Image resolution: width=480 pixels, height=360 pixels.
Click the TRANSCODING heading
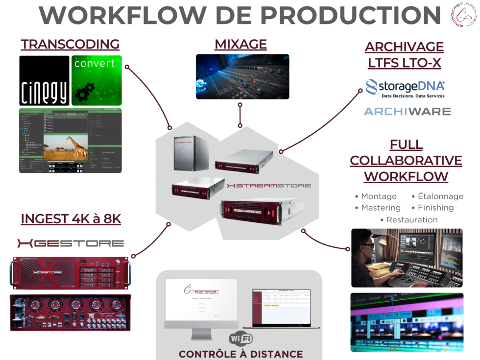click(x=70, y=44)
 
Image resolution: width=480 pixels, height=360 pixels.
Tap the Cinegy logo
click(x=44, y=80)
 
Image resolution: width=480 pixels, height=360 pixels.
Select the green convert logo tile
click(x=96, y=80)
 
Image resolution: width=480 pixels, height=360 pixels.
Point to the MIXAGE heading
click(x=240, y=44)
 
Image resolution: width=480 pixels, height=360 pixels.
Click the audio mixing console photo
click(x=242, y=76)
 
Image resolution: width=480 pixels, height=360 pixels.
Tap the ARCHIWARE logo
click(x=407, y=112)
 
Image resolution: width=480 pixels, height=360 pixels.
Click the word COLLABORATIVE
click(x=406, y=160)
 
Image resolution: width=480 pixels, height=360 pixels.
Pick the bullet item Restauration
click(x=412, y=219)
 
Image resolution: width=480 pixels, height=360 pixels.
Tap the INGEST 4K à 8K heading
click(x=71, y=218)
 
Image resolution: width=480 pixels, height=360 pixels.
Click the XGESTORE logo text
click(x=71, y=243)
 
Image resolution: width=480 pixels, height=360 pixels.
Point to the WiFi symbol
click(x=240, y=338)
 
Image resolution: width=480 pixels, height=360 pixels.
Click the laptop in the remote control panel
click(x=282, y=309)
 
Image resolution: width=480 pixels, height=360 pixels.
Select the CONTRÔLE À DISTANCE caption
click(x=240, y=354)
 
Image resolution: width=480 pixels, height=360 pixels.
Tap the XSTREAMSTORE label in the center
click(x=269, y=186)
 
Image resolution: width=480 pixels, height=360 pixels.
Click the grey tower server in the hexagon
click(x=191, y=152)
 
